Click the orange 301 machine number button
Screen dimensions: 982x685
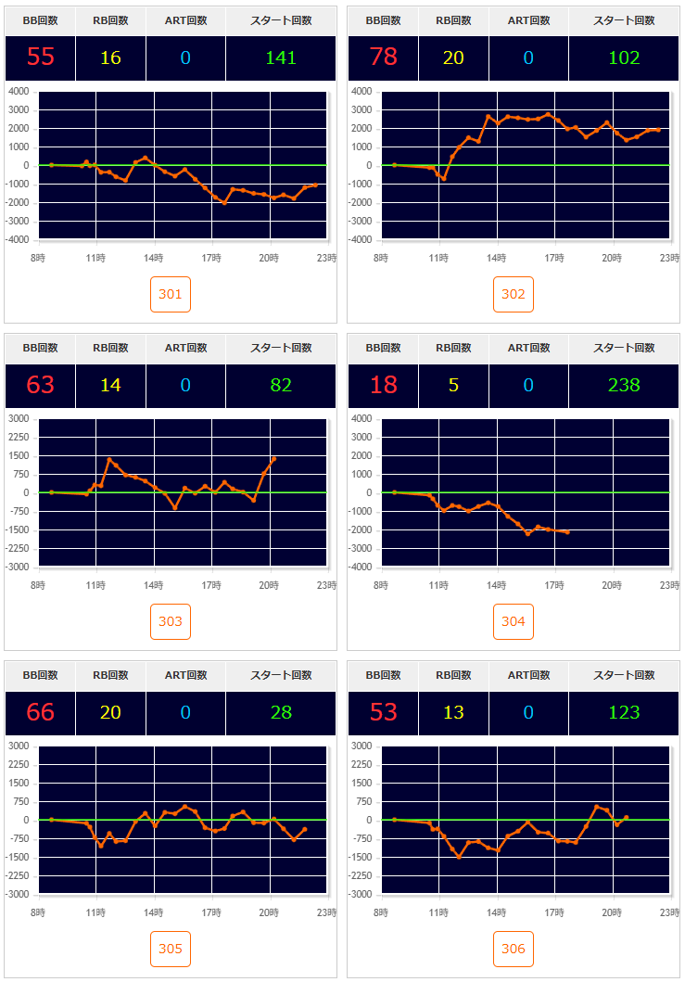point(171,295)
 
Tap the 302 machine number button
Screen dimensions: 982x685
point(514,295)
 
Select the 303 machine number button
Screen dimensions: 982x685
point(171,621)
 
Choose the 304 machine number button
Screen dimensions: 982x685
point(514,621)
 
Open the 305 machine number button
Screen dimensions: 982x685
point(171,949)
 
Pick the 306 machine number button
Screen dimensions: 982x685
point(514,949)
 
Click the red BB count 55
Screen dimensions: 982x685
point(40,57)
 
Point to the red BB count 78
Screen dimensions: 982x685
point(383,57)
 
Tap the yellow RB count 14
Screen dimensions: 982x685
point(110,385)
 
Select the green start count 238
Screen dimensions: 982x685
point(624,385)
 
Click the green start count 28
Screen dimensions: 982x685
point(281,712)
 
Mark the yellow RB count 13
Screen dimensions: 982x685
point(453,712)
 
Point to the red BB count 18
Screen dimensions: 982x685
point(383,385)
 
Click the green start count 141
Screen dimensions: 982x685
point(281,57)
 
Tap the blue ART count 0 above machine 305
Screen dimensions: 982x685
point(185,712)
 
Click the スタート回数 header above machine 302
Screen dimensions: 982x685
point(624,20)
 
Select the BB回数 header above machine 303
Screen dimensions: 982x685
point(40,348)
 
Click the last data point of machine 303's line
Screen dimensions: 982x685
point(273,458)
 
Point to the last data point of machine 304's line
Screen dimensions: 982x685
point(566,532)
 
